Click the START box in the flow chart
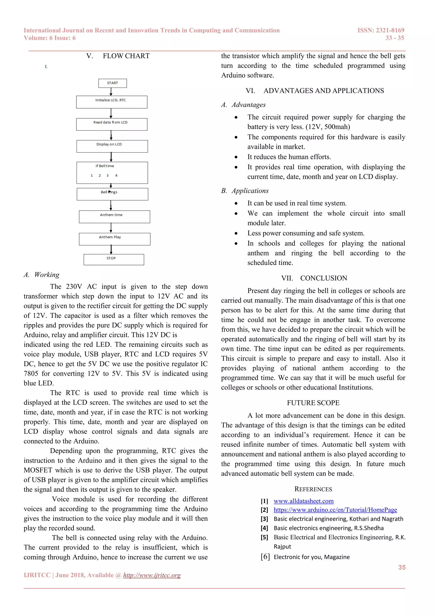(113, 83)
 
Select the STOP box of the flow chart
(114, 259)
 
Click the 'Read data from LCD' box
(112, 124)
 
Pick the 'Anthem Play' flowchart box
(114, 239)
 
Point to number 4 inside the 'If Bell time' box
(116, 175)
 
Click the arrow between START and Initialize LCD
(111, 92)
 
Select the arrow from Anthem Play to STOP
(111, 249)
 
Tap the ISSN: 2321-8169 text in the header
(381, 30)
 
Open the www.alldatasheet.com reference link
(304, 501)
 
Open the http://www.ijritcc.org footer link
(152, 575)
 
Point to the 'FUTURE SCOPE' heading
(313, 403)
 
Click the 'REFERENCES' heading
(313, 489)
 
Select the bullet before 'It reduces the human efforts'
(236, 157)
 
